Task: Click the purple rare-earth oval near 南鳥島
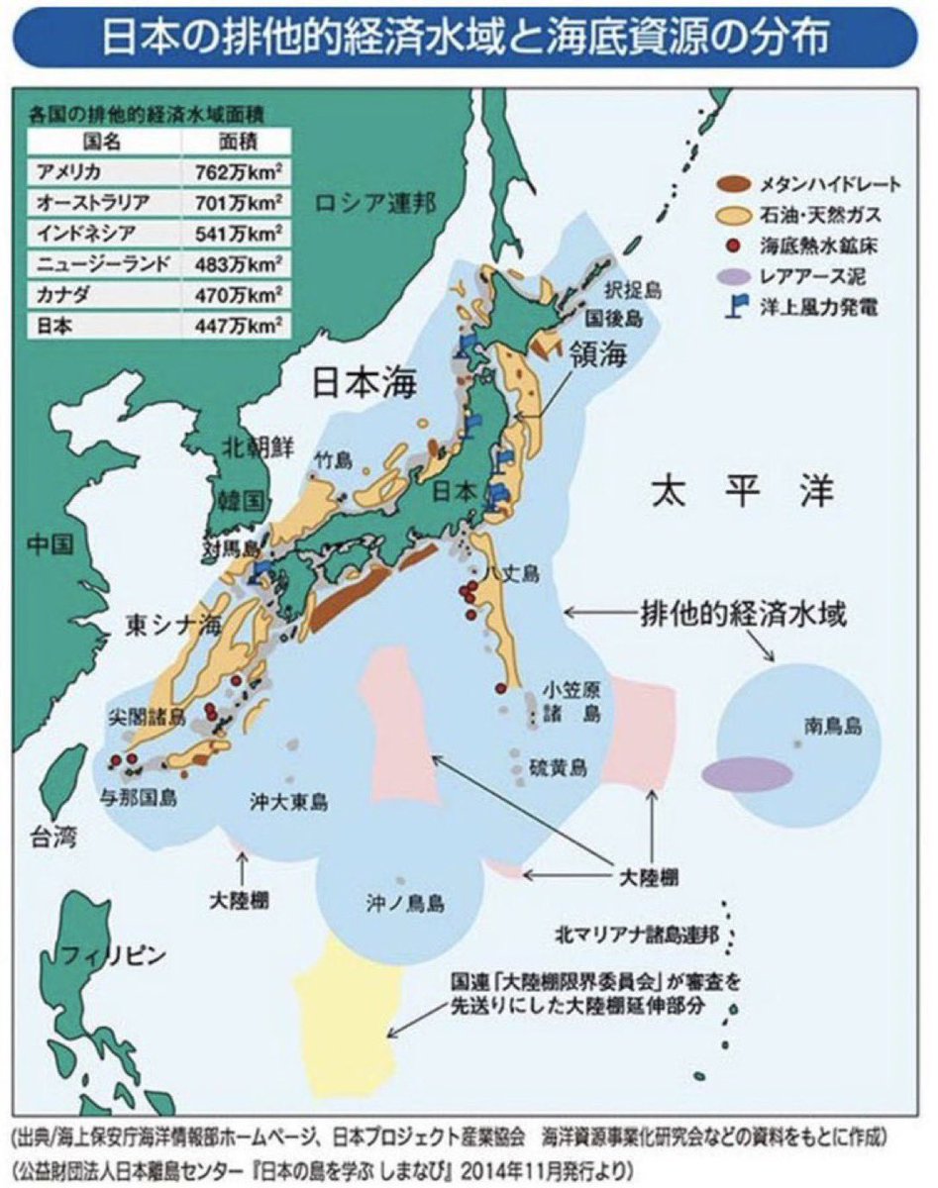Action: click(748, 774)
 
